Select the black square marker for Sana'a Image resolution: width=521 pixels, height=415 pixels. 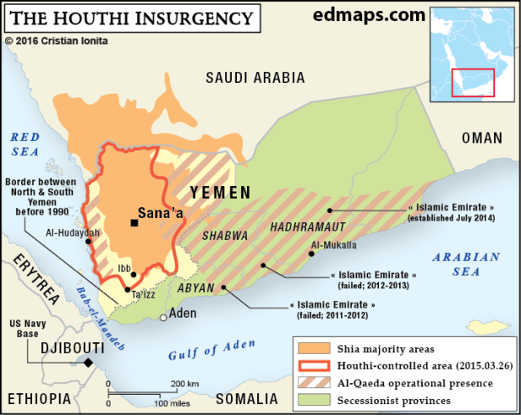[x=134, y=223]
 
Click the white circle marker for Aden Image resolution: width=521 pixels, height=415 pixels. [x=164, y=318]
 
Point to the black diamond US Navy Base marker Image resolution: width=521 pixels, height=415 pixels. [x=87, y=363]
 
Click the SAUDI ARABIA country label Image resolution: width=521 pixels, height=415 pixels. [x=255, y=78]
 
